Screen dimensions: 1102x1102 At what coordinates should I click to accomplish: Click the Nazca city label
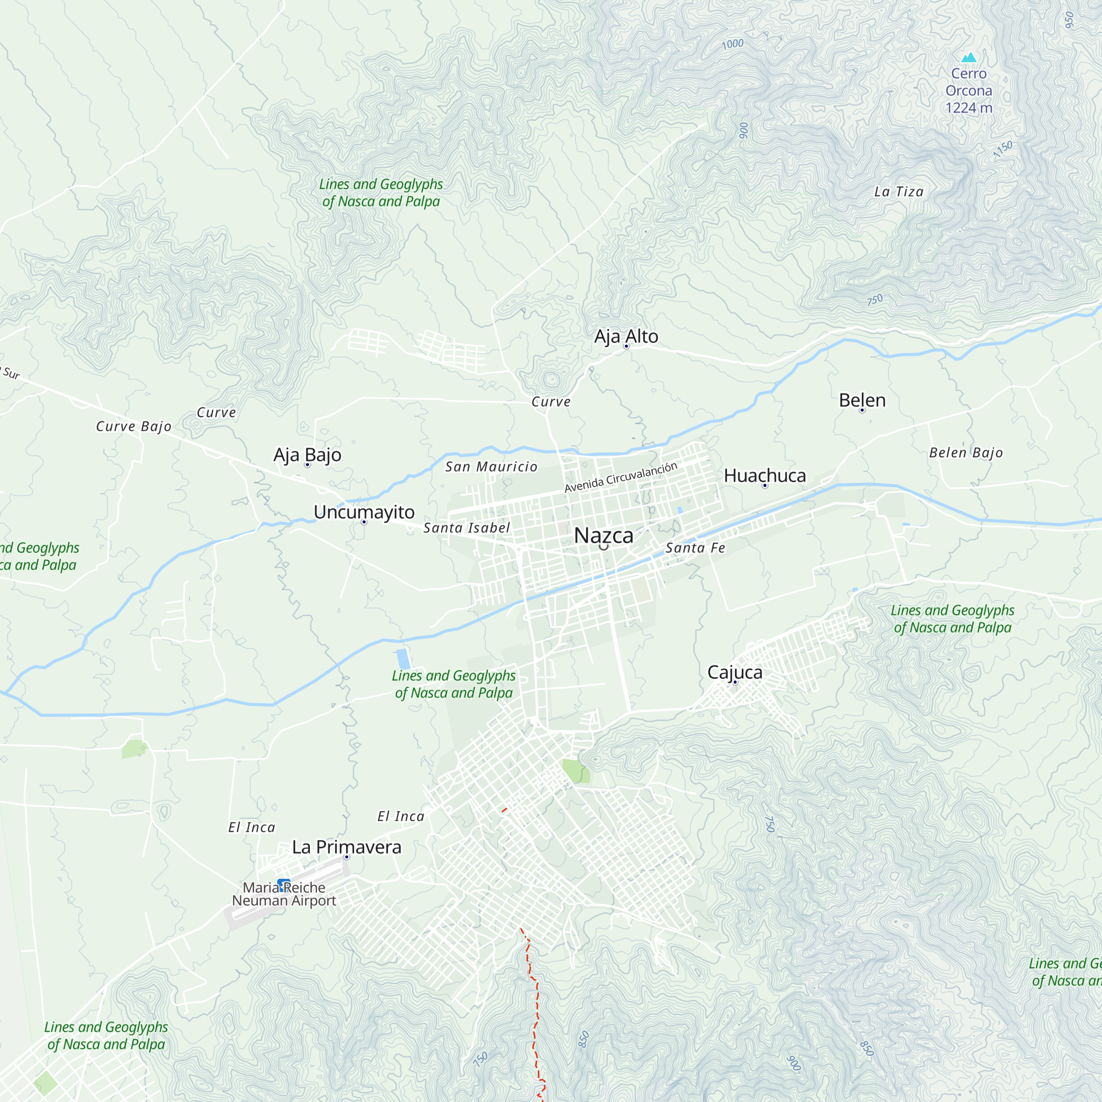coord(603,536)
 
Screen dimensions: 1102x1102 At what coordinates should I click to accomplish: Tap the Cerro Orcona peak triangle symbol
coord(969,58)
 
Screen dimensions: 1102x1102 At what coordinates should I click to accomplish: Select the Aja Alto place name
coord(626,337)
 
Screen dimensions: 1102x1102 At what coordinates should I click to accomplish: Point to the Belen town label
coord(862,401)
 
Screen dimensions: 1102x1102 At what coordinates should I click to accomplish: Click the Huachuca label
coord(764,476)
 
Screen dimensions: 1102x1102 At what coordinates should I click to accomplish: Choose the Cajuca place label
coord(734,672)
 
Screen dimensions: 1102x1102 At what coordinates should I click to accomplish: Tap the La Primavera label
coord(346,847)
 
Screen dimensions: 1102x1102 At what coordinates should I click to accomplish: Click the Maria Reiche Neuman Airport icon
coord(283,885)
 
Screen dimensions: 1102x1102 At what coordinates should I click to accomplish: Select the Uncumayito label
coord(364,512)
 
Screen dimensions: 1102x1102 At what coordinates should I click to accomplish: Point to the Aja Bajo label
coord(307,455)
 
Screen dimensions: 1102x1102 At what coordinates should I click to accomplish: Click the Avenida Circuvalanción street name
coord(620,477)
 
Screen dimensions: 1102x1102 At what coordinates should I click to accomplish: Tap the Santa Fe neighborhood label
coord(695,548)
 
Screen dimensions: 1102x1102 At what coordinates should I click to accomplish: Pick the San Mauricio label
coord(491,467)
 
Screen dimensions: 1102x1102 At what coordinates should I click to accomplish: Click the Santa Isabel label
coord(466,528)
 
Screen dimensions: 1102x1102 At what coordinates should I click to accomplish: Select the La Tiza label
coord(898,192)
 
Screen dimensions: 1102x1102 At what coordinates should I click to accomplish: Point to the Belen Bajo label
coord(965,453)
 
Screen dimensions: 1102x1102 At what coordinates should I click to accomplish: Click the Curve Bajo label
coord(133,426)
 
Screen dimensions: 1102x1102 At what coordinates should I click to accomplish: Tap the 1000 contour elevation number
coord(732,44)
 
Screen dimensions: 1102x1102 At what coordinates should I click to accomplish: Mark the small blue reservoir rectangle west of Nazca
coord(403,659)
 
